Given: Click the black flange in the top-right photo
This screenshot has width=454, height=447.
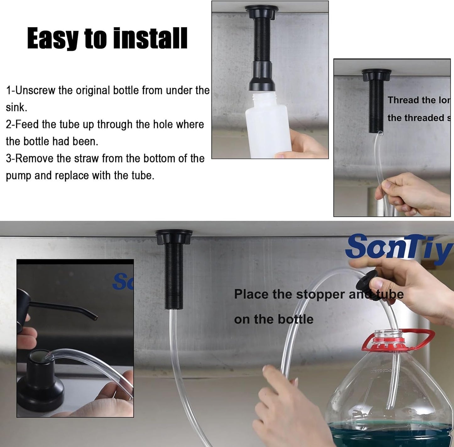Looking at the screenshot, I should pos(376,75).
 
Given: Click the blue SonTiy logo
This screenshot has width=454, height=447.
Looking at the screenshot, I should pos(399,247).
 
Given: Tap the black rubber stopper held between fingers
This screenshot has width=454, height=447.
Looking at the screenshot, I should pos(366,281).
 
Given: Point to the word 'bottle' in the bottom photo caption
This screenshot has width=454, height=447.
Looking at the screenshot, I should pos(295,319).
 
